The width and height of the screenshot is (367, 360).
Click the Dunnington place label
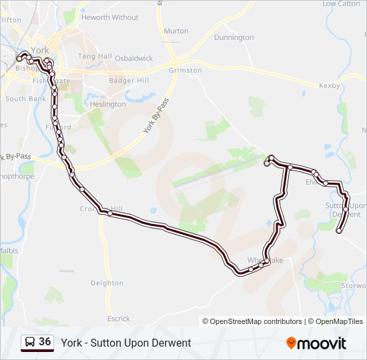(234, 37)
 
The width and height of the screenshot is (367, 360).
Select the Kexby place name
(330, 86)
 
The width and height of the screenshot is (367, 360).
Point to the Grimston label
(186, 70)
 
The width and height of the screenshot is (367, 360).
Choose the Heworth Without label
(110, 17)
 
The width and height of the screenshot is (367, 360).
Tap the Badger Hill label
(128, 81)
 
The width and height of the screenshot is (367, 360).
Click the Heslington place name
(107, 104)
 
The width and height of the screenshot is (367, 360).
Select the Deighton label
(107, 283)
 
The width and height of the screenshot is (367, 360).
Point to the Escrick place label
(118, 319)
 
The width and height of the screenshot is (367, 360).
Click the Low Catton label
(340, 4)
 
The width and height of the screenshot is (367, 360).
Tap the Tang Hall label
(94, 57)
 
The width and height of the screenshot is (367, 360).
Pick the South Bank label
(25, 99)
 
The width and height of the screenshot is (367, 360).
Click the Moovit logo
(316, 343)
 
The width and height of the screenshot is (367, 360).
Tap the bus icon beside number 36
(30, 343)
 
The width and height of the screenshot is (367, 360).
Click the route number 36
(45, 342)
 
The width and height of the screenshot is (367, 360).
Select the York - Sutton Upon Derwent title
(126, 343)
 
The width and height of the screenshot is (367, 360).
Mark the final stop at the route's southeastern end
(340, 231)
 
